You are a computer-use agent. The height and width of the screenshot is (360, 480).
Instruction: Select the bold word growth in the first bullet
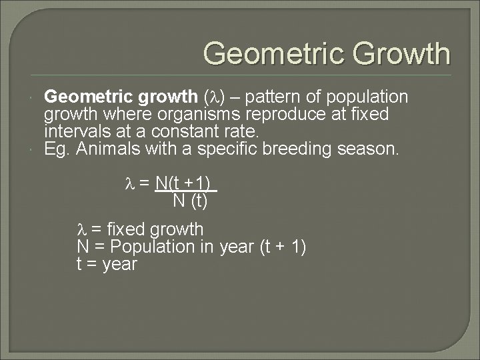pyautogui.click(x=156, y=97)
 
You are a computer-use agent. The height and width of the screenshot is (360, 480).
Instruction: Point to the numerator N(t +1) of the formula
pyautogui.click(x=185, y=183)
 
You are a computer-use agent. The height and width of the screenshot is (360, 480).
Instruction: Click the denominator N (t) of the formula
pyautogui.click(x=190, y=200)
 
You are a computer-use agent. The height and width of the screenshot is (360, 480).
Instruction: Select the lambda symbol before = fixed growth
pyautogui.click(x=82, y=230)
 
